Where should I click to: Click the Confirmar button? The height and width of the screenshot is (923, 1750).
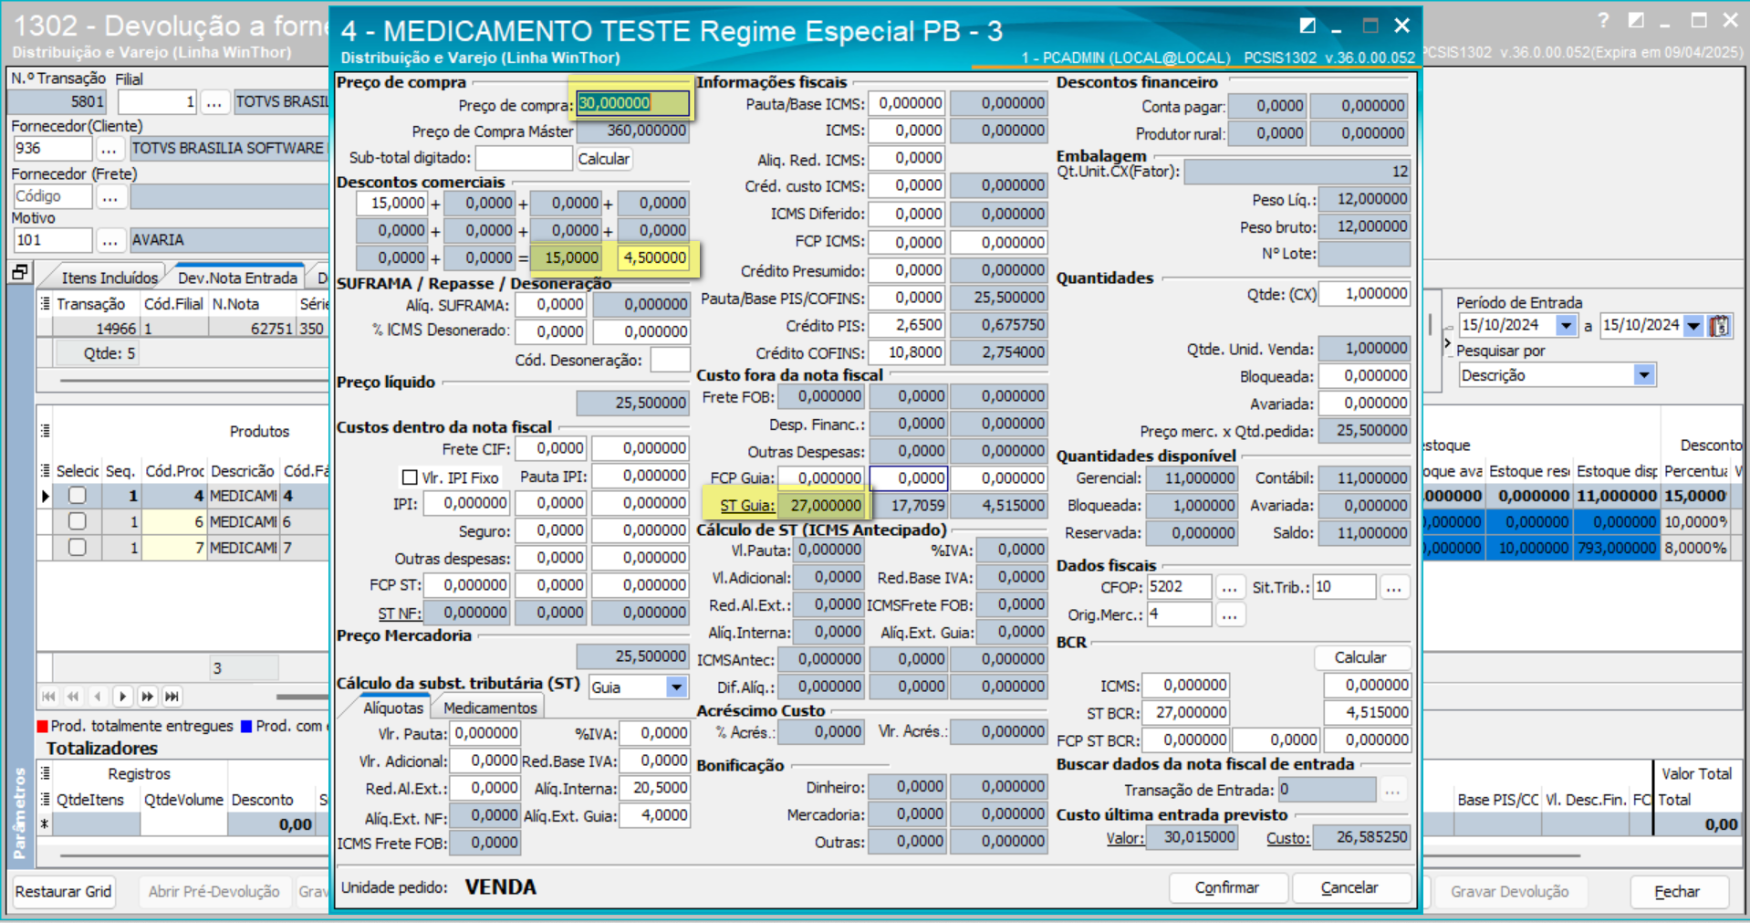[1227, 887]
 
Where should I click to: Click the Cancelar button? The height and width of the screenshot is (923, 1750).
[1349, 887]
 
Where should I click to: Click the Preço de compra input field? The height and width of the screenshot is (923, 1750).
[631, 103]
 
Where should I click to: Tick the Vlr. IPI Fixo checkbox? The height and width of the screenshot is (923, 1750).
[411, 477]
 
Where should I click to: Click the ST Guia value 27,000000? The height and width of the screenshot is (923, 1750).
[824, 505]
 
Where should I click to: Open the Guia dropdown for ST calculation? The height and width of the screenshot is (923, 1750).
[676, 687]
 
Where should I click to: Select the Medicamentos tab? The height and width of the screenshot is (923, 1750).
[490, 708]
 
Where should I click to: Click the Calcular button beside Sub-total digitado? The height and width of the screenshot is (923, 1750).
[603, 159]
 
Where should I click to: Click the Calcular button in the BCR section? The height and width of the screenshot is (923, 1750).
[1359, 657]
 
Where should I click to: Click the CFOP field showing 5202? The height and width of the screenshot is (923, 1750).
[1178, 587]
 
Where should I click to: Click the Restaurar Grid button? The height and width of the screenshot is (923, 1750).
[64, 891]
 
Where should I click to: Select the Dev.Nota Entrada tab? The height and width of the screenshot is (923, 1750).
[237, 278]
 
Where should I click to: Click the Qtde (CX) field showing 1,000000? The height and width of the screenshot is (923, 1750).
[1363, 294]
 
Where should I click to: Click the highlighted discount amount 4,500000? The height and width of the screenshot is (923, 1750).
[654, 257]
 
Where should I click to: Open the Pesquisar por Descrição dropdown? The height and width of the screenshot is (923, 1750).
[1643, 375]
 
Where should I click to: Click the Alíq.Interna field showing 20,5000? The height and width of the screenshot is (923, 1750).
[653, 788]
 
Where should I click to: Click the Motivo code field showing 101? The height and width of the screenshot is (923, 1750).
[52, 240]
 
